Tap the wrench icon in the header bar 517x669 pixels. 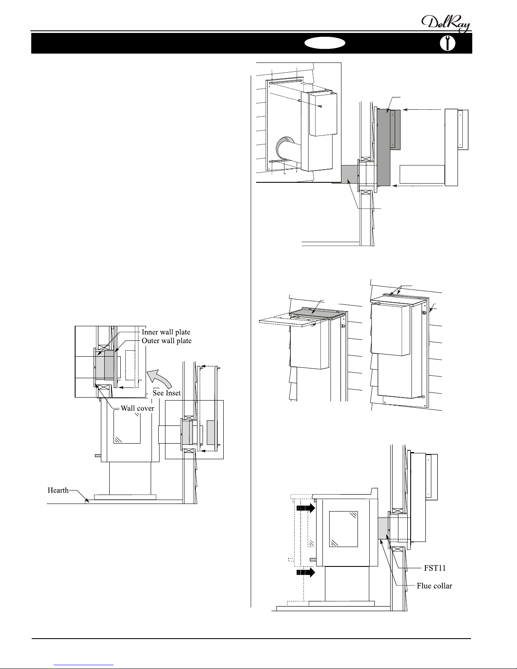tap(448, 43)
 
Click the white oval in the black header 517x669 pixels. tap(325, 43)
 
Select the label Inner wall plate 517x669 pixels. tap(166, 332)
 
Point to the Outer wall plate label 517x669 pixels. tap(166, 341)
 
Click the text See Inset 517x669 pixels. tap(166, 393)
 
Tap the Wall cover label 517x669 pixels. tap(137, 408)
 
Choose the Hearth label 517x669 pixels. tap(58, 490)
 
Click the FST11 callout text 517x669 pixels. tap(435, 568)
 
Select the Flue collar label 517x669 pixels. tap(434, 586)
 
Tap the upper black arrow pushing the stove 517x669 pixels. tap(306, 508)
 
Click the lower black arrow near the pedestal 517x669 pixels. tap(306, 572)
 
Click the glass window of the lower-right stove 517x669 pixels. tap(344, 529)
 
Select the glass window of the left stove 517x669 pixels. tap(127, 428)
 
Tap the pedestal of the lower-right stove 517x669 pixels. tap(347, 584)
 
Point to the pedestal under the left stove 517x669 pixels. tap(130, 478)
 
